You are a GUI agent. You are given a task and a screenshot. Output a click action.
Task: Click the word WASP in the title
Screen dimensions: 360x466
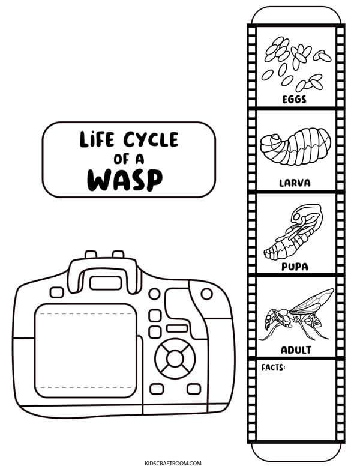tap(125, 180)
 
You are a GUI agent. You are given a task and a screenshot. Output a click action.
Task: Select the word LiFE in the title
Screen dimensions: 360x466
tap(97, 139)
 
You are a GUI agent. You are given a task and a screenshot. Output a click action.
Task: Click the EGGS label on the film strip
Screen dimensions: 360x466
tap(294, 99)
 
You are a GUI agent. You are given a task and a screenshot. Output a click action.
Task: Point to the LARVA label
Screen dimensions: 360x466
tap(295, 183)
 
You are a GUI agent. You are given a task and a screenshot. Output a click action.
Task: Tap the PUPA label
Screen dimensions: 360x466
tap(295, 267)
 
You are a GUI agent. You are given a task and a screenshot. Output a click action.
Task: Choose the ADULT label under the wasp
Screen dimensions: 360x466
tap(296, 349)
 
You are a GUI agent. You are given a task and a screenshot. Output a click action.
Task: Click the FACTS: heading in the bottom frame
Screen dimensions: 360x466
tap(273, 368)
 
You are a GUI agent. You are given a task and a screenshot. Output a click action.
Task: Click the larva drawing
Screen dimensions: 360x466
tap(296, 146)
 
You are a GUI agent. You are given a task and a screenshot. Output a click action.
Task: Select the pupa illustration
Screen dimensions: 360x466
tap(293, 232)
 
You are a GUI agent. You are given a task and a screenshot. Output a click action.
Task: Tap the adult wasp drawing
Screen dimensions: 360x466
tap(296, 315)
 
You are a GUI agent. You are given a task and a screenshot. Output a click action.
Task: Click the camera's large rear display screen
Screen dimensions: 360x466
tap(86, 350)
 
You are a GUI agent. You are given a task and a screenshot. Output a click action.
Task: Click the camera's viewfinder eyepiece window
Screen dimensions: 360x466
tap(106, 283)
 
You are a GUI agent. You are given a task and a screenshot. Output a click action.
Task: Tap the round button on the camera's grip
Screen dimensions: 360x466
tap(206, 294)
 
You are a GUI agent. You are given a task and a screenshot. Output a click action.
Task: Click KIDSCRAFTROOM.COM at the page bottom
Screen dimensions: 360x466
tap(173, 463)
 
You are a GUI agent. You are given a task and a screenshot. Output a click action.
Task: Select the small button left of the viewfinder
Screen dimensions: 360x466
tap(57, 292)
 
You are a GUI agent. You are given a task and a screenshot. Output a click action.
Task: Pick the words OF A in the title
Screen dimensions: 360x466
tap(128, 159)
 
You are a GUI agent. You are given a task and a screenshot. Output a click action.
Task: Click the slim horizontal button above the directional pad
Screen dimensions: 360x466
tap(177, 328)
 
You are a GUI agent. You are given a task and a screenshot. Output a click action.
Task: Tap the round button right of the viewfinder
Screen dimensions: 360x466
tap(154, 294)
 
